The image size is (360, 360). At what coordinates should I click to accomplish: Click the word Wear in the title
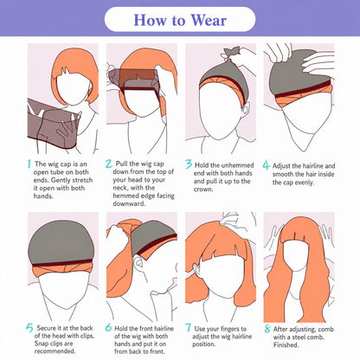pos(209,20)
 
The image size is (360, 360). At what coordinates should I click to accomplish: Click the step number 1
pos(29,164)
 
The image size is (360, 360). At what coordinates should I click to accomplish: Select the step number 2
pos(108,164)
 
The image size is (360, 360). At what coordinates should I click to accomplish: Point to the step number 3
pos(189,164)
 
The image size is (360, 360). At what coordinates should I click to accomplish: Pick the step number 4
pos(266,165)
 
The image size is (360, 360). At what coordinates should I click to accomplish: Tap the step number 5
pos(29,328)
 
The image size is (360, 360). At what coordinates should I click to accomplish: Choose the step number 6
pos(108,327)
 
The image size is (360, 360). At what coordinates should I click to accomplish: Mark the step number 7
pos(188,328)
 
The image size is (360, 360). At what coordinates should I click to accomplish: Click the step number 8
pos(267,329)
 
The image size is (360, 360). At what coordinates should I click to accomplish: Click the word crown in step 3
pos(203,190)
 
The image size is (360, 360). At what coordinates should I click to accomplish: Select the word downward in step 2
pos(129,203)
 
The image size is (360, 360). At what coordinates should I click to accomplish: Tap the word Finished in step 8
pos(286,344)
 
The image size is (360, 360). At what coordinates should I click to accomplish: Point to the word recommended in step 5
pos(55,351)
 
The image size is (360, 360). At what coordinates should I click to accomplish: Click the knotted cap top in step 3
pos(231,53)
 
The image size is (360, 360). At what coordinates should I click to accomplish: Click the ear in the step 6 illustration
pos(139,264)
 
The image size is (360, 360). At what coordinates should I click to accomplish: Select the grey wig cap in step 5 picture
pos(61,242)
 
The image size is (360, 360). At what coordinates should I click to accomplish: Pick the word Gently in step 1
pos(61,180)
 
